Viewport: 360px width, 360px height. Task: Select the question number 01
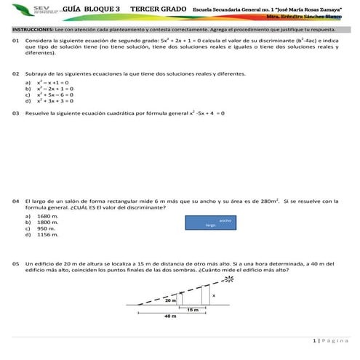point(15,41)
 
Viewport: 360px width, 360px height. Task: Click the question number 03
point(15,113)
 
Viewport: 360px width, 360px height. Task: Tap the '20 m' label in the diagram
point(170,300)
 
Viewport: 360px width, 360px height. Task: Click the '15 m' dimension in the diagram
point(193,310)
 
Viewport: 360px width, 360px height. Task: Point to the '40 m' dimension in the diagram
point(170,317)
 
